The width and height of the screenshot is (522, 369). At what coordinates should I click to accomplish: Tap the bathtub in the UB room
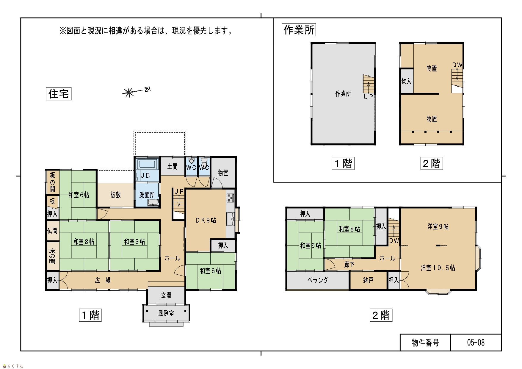pos(147,164)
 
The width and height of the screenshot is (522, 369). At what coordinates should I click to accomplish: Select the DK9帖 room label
pos(206,220)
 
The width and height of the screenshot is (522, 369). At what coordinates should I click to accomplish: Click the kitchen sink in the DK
pos(230,219)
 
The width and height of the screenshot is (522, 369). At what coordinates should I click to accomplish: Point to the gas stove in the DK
pos(231,198)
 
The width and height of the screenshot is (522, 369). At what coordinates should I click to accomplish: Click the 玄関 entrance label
pos(166,295)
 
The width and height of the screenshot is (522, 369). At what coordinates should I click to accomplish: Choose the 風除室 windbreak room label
pos(166,313)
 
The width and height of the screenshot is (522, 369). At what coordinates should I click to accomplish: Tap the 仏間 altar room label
pos(52,230)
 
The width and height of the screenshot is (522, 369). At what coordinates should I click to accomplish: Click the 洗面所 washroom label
pos(147,195)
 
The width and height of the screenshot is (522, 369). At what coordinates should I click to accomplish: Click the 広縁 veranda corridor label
pos(103,280)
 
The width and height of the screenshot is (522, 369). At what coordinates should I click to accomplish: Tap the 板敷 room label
pos(115,195)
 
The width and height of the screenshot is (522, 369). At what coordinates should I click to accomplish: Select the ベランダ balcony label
pos(318,280)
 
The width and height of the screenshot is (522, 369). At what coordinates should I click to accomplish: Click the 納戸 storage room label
pos(368,280)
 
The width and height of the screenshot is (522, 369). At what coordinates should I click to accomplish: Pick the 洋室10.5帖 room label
pos(438,268)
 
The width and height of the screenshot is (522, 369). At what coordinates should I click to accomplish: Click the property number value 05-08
pos(476,343)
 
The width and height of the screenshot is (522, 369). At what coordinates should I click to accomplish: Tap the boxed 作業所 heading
pos(299,30)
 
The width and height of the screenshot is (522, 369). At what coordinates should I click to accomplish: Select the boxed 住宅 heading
pos(59,94)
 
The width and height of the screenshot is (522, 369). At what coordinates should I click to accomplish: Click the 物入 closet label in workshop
pos(406,81)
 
